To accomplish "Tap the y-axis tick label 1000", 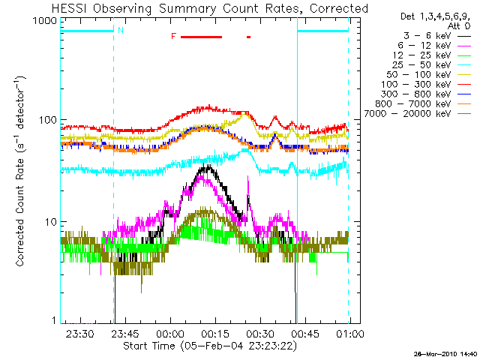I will (x=44, y=21).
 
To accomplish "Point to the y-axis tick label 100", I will (x=47, y=121).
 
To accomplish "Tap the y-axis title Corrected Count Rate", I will (x=22, y=171).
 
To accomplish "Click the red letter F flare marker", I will (x=173, y=36).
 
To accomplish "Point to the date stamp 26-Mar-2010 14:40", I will (x=445, y=353).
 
